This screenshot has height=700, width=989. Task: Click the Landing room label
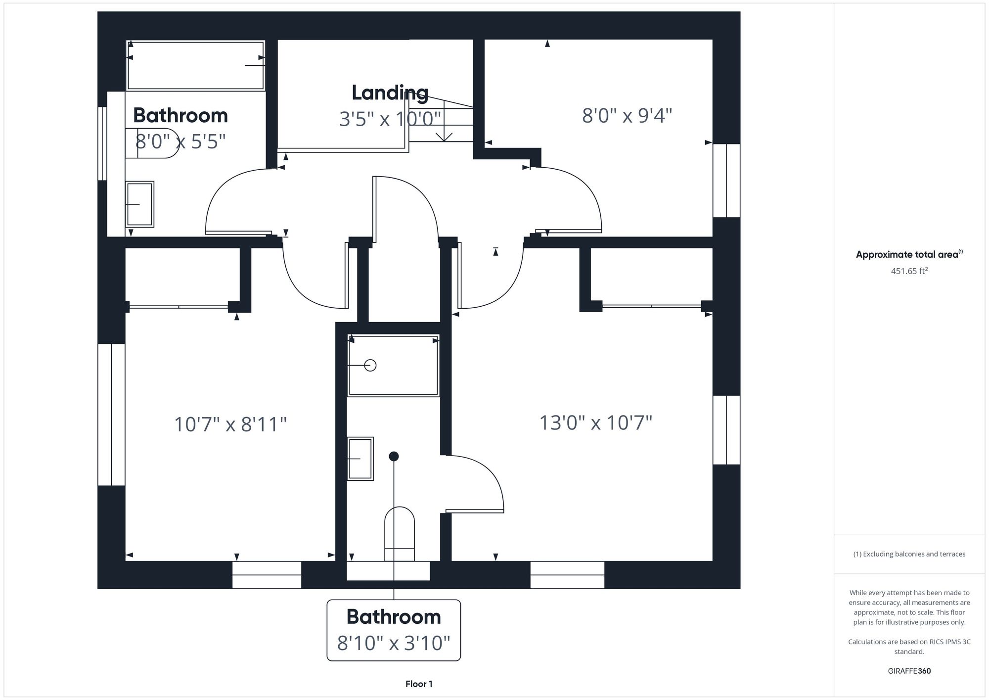tap(390, 93)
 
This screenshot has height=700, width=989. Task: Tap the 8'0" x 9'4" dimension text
tap(627, 116)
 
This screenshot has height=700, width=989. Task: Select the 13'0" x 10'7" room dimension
tap(595, 423)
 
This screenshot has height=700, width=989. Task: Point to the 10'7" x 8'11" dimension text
tap(230, 424)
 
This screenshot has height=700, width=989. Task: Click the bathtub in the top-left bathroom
tap(196, 65)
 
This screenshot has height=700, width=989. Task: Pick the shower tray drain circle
tap(370, 365)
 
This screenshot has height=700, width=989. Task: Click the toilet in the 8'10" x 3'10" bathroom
tap(400, 533)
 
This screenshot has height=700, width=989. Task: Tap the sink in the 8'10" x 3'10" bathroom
tap(360, 459)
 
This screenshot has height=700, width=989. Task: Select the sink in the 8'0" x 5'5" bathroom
tap(140, 204)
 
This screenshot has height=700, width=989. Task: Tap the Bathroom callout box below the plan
tap(394, 630)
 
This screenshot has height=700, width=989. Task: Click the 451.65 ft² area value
tap(909, 271)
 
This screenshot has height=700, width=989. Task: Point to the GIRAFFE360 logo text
tap(909, 671)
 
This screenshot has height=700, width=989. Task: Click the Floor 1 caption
tap(419, 684)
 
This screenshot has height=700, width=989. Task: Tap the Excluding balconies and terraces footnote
tap(909, 554)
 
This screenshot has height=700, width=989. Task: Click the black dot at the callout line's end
tap(394, 456)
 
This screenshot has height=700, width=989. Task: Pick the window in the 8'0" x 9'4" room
tap(726, 181)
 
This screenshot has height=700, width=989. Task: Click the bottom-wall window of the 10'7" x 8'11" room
tap(267, 575)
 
